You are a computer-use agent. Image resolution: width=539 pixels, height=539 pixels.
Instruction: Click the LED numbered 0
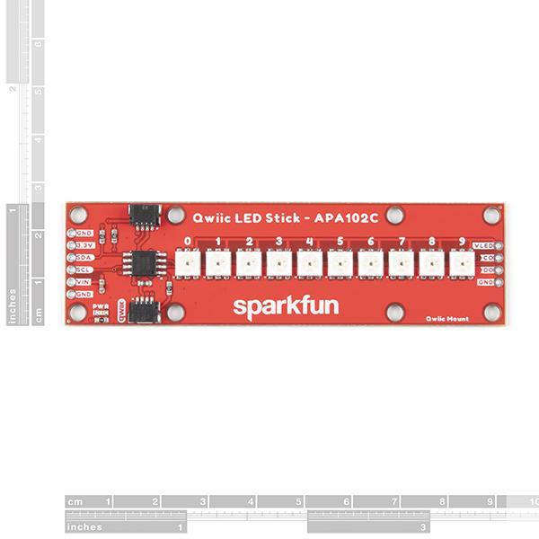pyautogui.click(x=188, y=264)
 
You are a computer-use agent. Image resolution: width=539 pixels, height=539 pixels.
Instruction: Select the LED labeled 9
pyautogui.click(x=462, y=264)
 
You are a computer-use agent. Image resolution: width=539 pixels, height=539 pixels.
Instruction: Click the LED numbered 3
pyautogui.click(x=279, y=264)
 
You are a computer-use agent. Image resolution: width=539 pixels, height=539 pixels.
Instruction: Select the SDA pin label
pyautogui.click(x=84, y=257)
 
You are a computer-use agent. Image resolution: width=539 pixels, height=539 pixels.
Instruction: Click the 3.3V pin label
pyautogui.click(x=84, y=245)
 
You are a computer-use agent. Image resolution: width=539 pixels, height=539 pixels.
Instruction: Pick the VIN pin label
pyautogui.click(x=84, y=281)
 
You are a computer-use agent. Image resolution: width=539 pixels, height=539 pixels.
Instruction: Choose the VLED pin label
pyautogui.click(x=483, y=245)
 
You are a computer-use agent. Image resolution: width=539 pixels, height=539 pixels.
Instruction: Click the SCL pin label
pyautogui.click(x=84, y=269)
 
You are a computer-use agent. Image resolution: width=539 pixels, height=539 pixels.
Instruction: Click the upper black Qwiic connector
pyautogui.click(x=143, y=215)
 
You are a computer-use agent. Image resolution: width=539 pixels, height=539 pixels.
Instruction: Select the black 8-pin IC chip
pyautogui.click(x=143, y=264)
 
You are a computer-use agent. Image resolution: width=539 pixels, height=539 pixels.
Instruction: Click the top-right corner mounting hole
pyautogui.click(x=491, y=216)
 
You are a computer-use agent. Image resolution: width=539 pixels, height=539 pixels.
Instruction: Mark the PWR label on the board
pyautogui.click(x=102, y=306)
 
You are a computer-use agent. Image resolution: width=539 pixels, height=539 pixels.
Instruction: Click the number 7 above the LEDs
pyautogui.click(x=402, y=242)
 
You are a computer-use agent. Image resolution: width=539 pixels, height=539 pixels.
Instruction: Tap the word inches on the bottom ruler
pyautogui.click(x=84, y=526)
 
